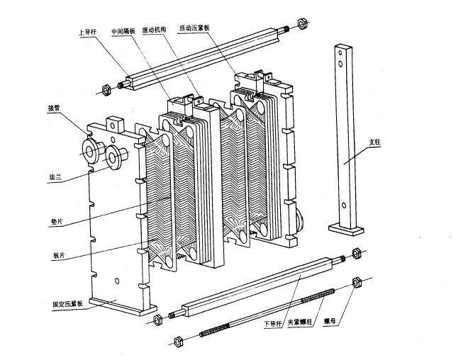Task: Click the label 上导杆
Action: [89, 32]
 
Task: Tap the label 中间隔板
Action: [126, 32]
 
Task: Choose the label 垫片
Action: [56, 222]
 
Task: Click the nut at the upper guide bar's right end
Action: [301, 23]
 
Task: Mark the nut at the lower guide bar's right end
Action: [357, 253]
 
